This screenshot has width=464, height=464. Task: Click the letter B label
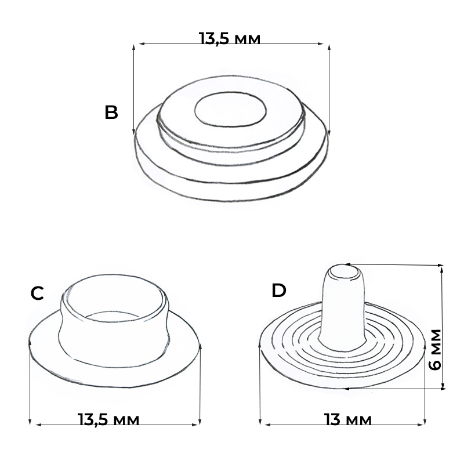tap(111, 113)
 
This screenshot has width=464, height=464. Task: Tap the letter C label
tap(37, 293)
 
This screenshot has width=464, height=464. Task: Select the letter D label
tap(279, 291)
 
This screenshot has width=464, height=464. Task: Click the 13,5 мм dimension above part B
tap(229, 38)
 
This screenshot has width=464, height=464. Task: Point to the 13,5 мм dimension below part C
tap(108, 419)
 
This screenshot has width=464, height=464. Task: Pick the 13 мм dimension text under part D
tap(347, 419)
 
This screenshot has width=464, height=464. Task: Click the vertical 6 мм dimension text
tap(435, 349)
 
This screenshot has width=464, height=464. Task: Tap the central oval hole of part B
tap(230, 109)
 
